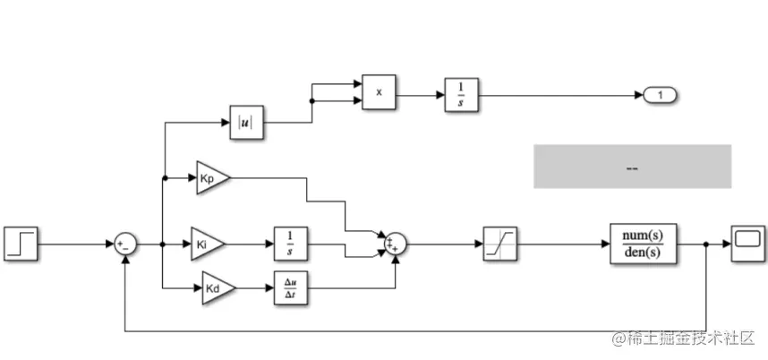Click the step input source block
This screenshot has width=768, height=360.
pyautogui.click(x=21, y=243)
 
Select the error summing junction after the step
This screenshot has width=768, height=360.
pyautogui.click(x=124, y=244)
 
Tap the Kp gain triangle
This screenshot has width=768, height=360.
pyautogui.click(x=212, y=177)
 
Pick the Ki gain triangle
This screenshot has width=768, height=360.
pyautogui.click(x=208, y=243)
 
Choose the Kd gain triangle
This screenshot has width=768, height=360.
pyautogui.click(x=217, y=288)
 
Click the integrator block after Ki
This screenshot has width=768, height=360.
pyautogui.click(x=290, y=243)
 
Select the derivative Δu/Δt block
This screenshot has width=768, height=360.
pyautogui.click(x=290, y=288)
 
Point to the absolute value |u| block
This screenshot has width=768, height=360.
pyautogui.click(x=243, y=124)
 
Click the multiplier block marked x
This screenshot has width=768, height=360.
pyautogui.click(x=379, y=92)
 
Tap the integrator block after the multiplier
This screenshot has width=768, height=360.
pyautogui.click(x=461, y=93)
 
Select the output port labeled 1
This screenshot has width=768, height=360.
pyautogui.click(x=660, y=94)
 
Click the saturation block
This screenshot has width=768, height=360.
pyautogui.click(x=499, y=243)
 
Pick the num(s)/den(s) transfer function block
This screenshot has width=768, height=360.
pyautogui.click(x=643, y=243)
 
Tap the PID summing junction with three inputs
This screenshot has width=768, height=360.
pyautogui.click(x=395, y=243)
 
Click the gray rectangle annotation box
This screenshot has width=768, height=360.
pyautogui.click(x=632, y=167)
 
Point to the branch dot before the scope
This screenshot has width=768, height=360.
pyautogui.click(x=707, y=244)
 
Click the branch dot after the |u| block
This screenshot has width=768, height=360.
pyautogui.click(x=311, y=101)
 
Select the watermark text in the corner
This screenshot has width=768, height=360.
pyautogui.click(x=683, y=339)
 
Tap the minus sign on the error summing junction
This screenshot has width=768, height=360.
pyautogui.click(x=128, y=248)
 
